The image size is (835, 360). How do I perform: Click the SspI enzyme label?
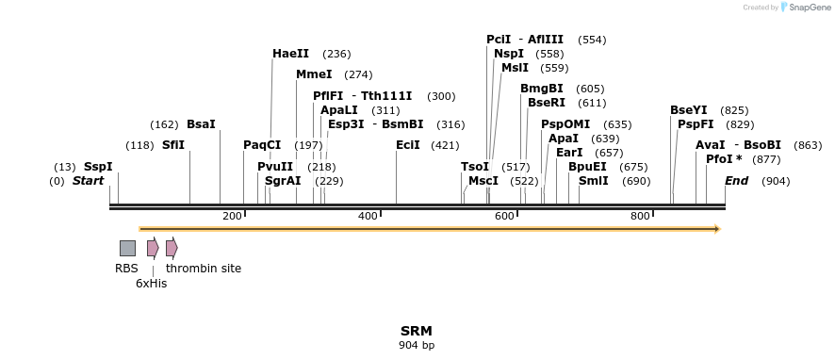tap(98, 167)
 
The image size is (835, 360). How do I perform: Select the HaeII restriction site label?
tap(290, 54)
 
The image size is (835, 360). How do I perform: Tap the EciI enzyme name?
tap(408, 145)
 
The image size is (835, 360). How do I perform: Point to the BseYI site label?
tap(688, 110)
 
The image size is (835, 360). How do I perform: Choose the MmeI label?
tap(314, 74)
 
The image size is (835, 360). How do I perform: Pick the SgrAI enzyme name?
tap(283, 181)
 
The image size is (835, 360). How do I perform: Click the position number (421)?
tap(445, 145)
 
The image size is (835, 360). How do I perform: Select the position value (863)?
tap(808, 145)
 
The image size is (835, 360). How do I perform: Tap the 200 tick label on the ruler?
tap(232, 217)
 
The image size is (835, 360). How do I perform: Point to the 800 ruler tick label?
tap(641, 217)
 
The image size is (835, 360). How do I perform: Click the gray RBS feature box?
tap(127, 248)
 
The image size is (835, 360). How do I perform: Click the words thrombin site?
tap(204, 269)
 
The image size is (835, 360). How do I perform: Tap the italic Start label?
tap(88, 181)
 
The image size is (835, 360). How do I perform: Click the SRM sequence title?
tap(417, 331)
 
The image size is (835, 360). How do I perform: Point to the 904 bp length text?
tap(417, 346)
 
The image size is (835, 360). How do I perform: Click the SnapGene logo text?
tap(809, 8)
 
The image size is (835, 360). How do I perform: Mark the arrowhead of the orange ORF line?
tap(717, 229)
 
